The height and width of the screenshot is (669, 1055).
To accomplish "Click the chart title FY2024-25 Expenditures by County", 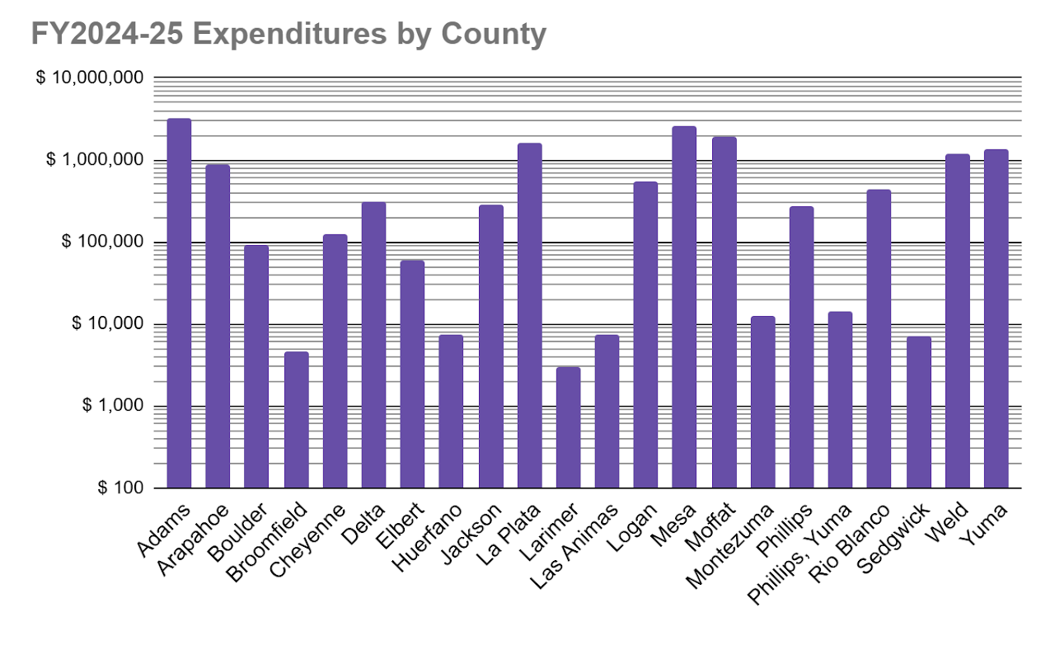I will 288,35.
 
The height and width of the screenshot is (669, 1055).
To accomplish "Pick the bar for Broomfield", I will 296,420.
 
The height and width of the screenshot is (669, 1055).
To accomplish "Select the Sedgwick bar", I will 918,412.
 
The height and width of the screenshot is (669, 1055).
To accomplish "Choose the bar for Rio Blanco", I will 879,338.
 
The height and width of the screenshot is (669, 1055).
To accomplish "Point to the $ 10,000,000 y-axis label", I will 90,78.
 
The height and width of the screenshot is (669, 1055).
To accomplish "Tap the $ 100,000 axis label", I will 101,242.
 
